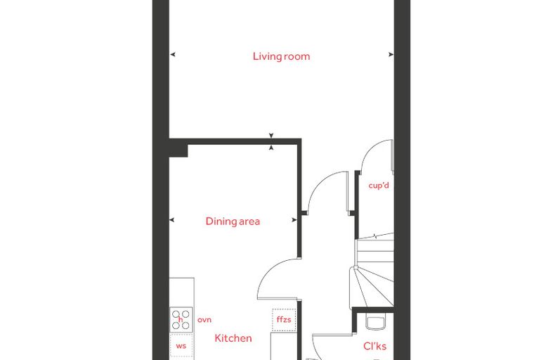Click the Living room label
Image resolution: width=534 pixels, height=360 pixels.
click(281, 56)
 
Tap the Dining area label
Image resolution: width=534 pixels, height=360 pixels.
click(233, 221)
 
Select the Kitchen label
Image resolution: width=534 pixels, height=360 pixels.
click(233, 338)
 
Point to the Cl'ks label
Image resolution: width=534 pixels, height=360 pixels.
click(375, 346)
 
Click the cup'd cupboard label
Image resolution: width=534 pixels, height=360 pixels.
click(379, 186)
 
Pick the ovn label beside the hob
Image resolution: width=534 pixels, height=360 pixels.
click(204, 320)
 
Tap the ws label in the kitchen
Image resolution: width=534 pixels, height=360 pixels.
click(181, 346)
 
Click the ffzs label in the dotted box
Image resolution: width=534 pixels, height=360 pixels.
click(284, 319)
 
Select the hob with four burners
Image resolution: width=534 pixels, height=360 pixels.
click(181, 320)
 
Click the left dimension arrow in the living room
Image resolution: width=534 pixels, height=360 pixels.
click(173, 54)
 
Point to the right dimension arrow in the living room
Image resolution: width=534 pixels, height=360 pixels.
click(391, 54)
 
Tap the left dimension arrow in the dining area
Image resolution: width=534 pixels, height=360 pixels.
click(172, 220)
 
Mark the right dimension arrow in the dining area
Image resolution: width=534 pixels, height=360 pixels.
click(294, 220)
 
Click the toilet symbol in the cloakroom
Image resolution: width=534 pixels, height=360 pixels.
click(376, 323)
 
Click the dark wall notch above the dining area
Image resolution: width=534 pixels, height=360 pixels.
click(178, 150)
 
